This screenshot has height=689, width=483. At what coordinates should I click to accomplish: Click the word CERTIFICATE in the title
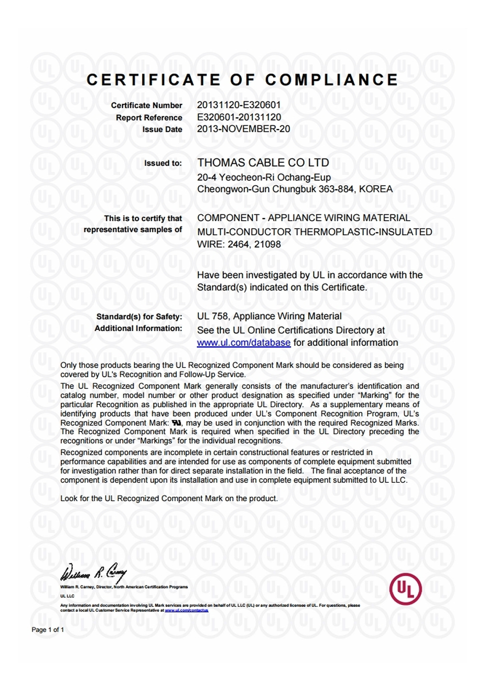153,80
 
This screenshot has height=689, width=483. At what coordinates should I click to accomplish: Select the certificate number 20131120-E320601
238,105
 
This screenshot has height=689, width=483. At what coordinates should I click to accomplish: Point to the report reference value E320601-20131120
238,117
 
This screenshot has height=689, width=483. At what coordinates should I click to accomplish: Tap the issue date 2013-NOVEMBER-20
243,129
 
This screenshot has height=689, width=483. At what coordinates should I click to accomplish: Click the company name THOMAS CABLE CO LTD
263,163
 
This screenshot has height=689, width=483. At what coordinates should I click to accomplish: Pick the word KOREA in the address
375,189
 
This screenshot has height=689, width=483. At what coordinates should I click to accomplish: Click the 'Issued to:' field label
163,163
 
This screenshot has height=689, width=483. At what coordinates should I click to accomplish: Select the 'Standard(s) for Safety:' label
139,317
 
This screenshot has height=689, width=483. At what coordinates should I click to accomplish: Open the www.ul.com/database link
243,343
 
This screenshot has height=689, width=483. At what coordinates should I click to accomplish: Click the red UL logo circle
405,589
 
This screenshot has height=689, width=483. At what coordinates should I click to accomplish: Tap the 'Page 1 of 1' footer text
48,630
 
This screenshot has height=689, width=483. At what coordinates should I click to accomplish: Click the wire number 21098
267,245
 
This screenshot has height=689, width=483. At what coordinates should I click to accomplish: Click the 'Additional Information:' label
138,329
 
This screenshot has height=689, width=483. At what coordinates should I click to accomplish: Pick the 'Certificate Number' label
146,105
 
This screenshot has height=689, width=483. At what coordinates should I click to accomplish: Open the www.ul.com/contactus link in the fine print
186,610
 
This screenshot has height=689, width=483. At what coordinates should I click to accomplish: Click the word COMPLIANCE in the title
331,80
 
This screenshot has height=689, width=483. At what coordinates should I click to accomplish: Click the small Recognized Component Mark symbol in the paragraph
176,423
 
